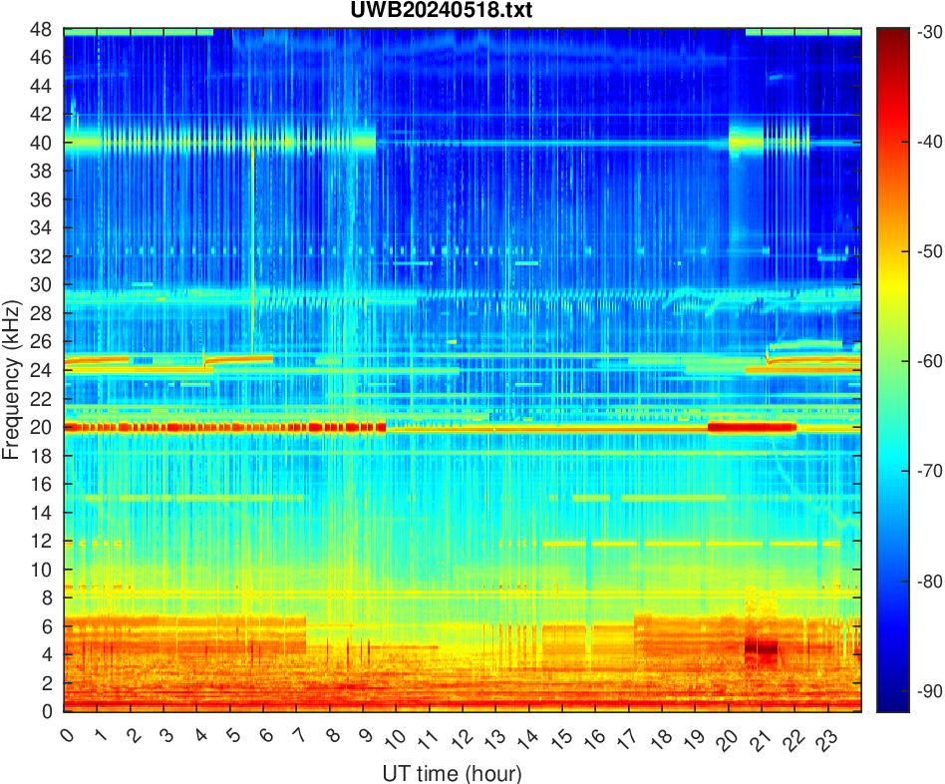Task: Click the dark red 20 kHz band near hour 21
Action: coord(753,427)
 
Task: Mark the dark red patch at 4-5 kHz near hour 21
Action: coord(762,648)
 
